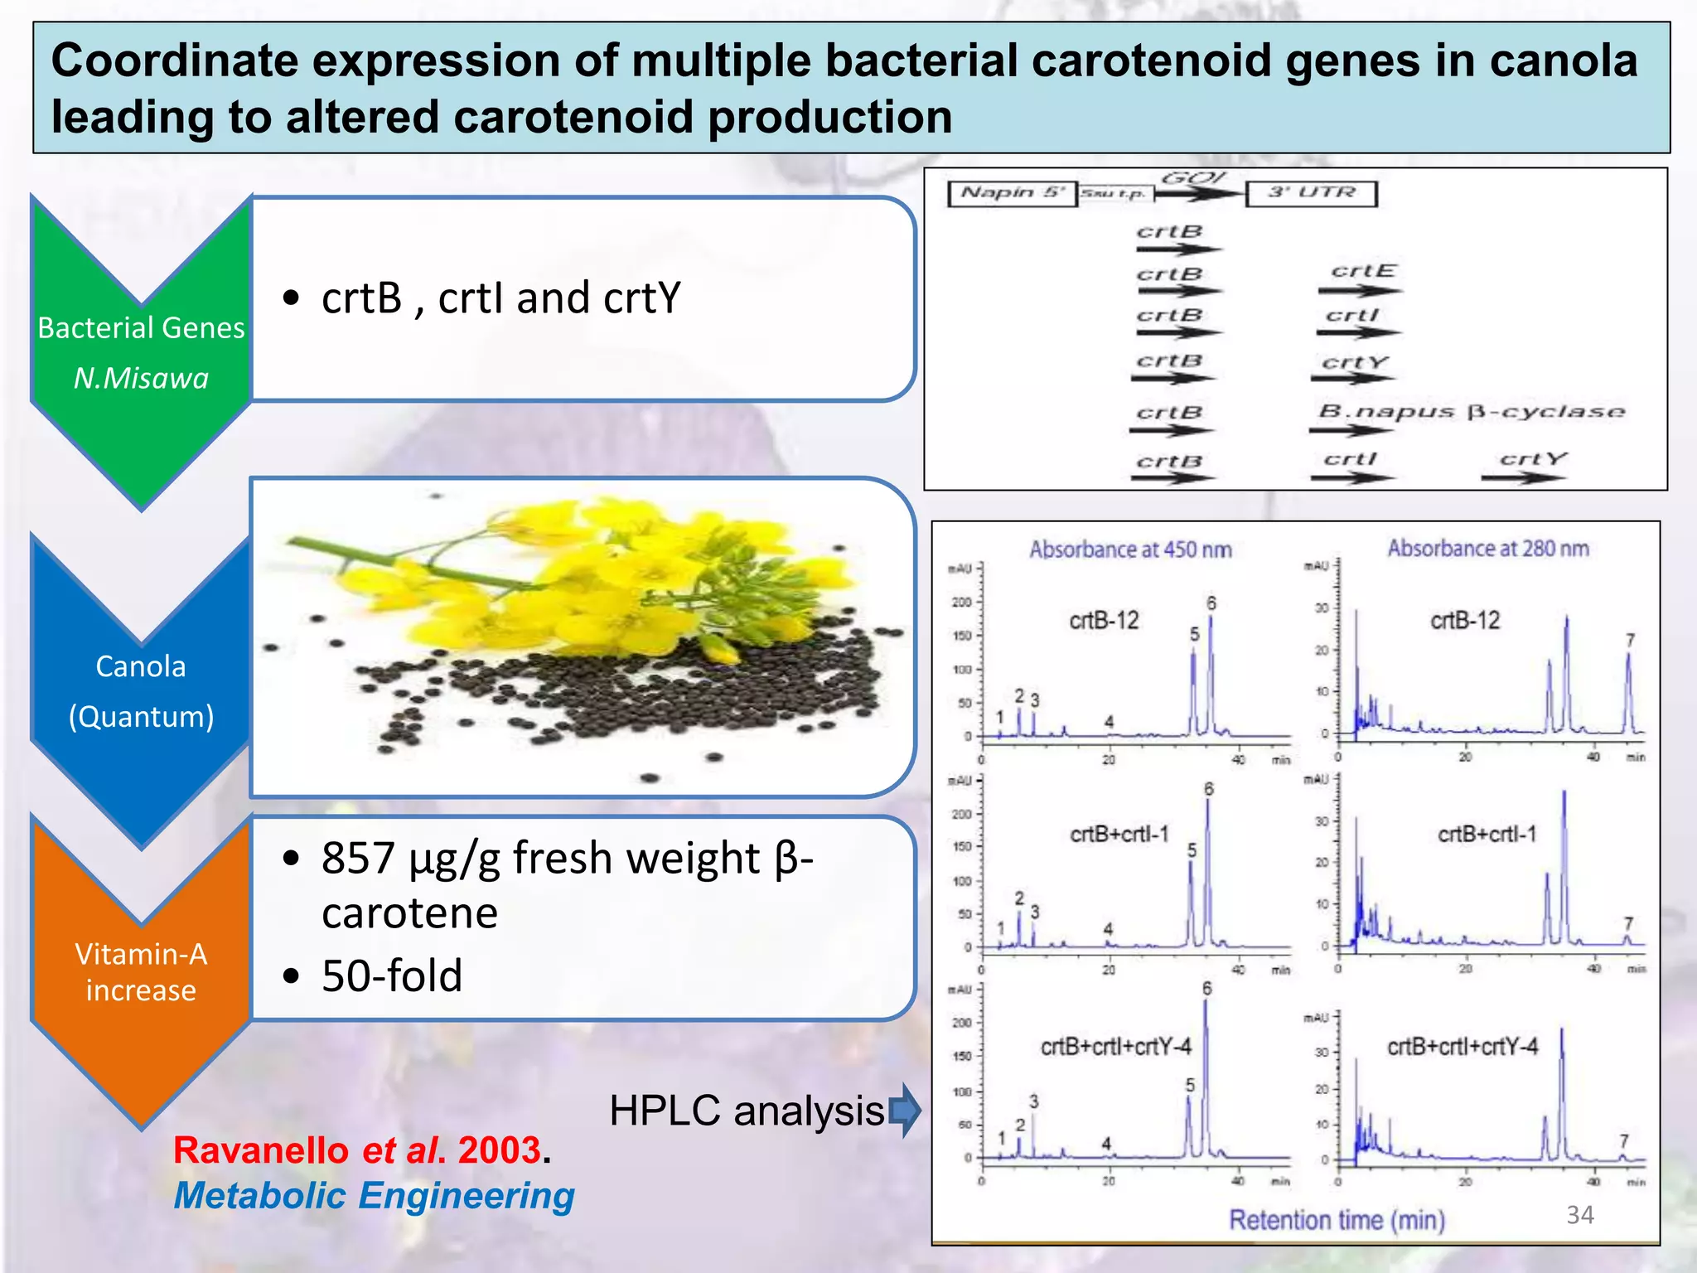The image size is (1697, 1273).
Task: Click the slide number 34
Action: click(x=1579, y=1215)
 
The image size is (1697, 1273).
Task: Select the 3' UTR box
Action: click(x=1311, y=193)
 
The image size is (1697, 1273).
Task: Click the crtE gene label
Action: click(x=1363, y=271)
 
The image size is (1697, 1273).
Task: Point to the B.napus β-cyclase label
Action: click(x=1471, y=411)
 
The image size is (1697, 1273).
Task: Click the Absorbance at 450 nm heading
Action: click(x=1130, y=549)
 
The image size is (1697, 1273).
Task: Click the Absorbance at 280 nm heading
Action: click(x=1488, y=549)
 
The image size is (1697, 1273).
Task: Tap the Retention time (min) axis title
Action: click(x=1337, y=1220)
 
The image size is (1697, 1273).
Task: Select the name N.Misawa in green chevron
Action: click(x=141, y=379)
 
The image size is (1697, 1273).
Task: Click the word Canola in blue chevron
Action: click(x=141, y=666)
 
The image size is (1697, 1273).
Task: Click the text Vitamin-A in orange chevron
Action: click(x=141, y=954)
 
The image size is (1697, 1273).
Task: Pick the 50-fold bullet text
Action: click(x=392, y=975)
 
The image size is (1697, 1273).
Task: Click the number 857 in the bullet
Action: click(x=358, y=858)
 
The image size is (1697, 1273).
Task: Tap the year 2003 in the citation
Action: click(x=499, y=1150)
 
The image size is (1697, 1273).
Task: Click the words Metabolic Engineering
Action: click(x=374, y=1196)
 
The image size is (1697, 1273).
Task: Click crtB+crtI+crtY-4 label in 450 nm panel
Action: click(x=1115, y=1047)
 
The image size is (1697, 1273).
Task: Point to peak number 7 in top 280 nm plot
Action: click(x=1630, y=640)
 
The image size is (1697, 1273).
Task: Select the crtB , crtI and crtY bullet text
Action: click(x=500, y=298)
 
